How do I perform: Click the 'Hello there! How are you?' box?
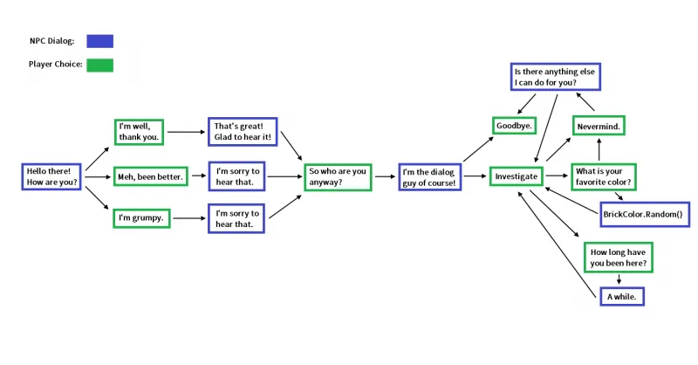click(x=51, y=176)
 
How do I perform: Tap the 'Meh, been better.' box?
click(x=150, y=176)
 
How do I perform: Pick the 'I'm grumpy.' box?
click(x=140, y=217)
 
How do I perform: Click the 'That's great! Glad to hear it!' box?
click(x=242, y=133)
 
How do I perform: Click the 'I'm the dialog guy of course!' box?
click(x=429, y=176)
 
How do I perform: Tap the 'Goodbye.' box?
click(x=516, y=126)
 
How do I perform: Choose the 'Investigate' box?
click(x=516, y=176)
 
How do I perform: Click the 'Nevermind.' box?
click(x=599, y=126)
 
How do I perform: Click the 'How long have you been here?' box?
click(x=619, y=257)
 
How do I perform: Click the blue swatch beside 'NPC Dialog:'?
click(x=99, y=41)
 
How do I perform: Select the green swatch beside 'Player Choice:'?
click(x=99, y=65)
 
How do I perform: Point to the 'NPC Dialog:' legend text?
click(x=51, y=41)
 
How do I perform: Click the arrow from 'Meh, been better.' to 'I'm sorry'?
click(x=197, y=176)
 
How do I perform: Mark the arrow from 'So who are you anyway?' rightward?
click(x=384, y=176)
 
